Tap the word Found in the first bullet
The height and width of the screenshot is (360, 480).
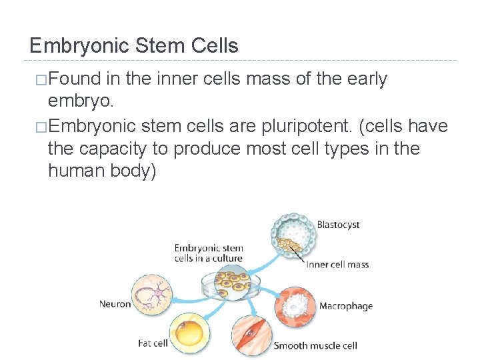tap(75, 79)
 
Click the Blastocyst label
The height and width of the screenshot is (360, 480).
tap(338, 225)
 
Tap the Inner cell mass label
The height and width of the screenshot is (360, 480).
tap(338, 265)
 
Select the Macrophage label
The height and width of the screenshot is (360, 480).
tap(345, 306)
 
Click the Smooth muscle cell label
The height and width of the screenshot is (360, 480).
tap(315, 345)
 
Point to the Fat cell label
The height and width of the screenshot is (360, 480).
tap(153, 344)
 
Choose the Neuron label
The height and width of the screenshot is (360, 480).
tap(115, 304)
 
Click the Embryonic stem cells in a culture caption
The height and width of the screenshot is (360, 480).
tap(209, 253)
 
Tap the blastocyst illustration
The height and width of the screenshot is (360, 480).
tap(293, 237)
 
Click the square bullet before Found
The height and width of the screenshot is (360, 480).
tap(41, 80)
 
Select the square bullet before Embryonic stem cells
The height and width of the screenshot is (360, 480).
tap(41, 126)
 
